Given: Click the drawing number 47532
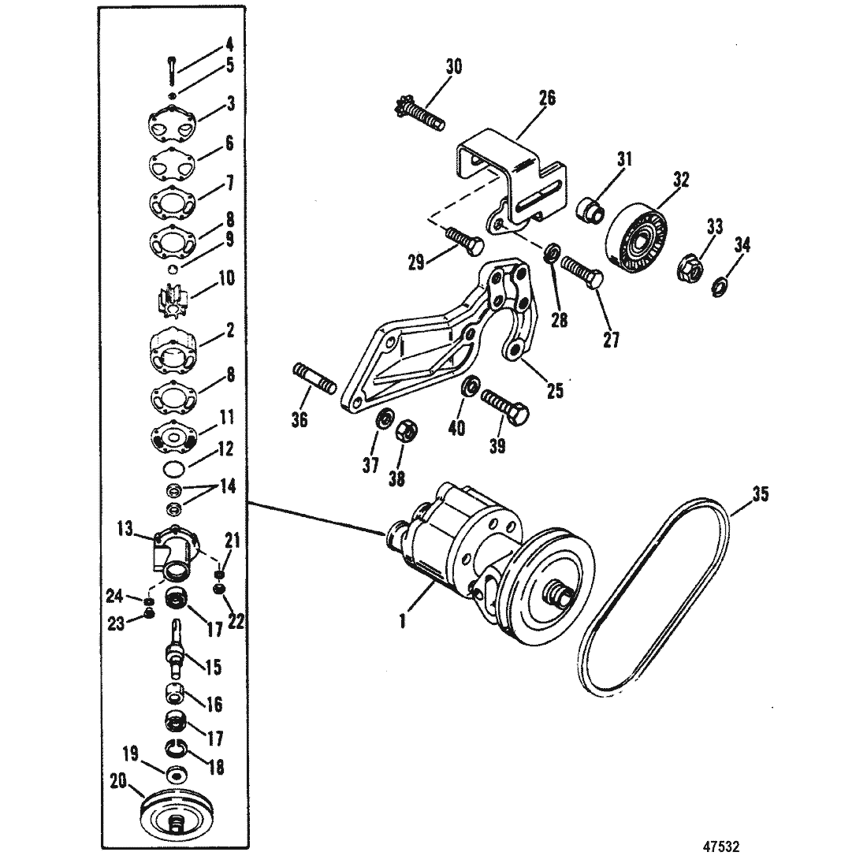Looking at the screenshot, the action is pyautogui.click(x=721, y=847).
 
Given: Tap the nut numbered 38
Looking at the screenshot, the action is pyautogui.click(x=407, y=433).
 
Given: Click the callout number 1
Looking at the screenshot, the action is pyautogui.click(x=403, y=621).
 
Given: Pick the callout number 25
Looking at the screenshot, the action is pyautogui.click(x=555, y=390).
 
